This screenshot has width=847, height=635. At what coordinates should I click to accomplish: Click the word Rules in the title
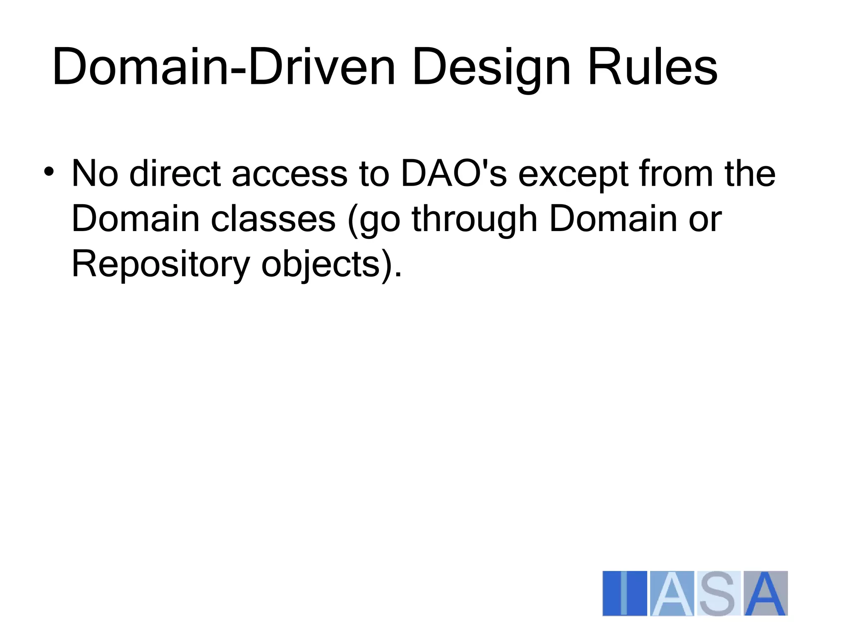652,67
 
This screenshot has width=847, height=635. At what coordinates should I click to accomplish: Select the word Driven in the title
322,67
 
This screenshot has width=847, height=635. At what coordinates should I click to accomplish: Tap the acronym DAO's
454,174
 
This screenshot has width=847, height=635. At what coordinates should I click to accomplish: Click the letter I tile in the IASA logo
624,593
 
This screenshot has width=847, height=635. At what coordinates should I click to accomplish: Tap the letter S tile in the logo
718,593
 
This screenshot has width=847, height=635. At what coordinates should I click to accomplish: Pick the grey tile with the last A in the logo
766,593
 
